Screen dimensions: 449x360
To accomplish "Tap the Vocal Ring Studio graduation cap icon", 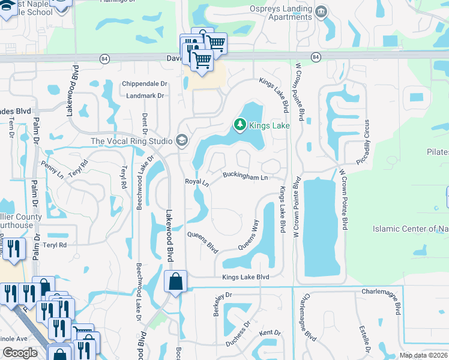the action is pyautogui.click(x=181, y=141).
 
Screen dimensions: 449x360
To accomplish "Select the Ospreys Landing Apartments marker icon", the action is pyautogui.click(x=321, y=11).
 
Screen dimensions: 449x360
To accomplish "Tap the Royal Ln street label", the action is pyautogui.click(x=196, y=181).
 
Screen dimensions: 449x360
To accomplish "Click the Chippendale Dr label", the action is pyautogui.click(x=143, y=84).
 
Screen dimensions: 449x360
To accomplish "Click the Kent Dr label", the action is pyautogui.click(x=270, y=333).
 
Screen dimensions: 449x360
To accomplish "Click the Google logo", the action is pyautogui.click(x=20, y=353).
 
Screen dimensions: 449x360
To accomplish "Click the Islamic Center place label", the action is pyautogui.click(x=411, y=229).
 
